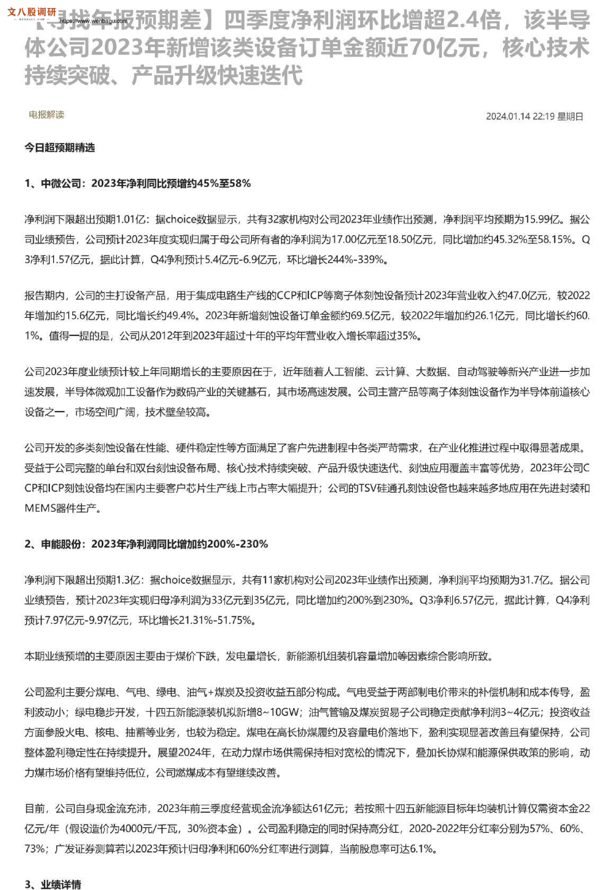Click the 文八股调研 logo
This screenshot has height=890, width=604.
32,12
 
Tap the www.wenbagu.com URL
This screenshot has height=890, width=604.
94,21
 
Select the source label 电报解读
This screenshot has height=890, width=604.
47,114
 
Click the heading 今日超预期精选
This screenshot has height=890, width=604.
59,148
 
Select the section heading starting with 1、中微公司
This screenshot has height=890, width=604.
137,183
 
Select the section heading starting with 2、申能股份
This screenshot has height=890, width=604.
146,544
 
